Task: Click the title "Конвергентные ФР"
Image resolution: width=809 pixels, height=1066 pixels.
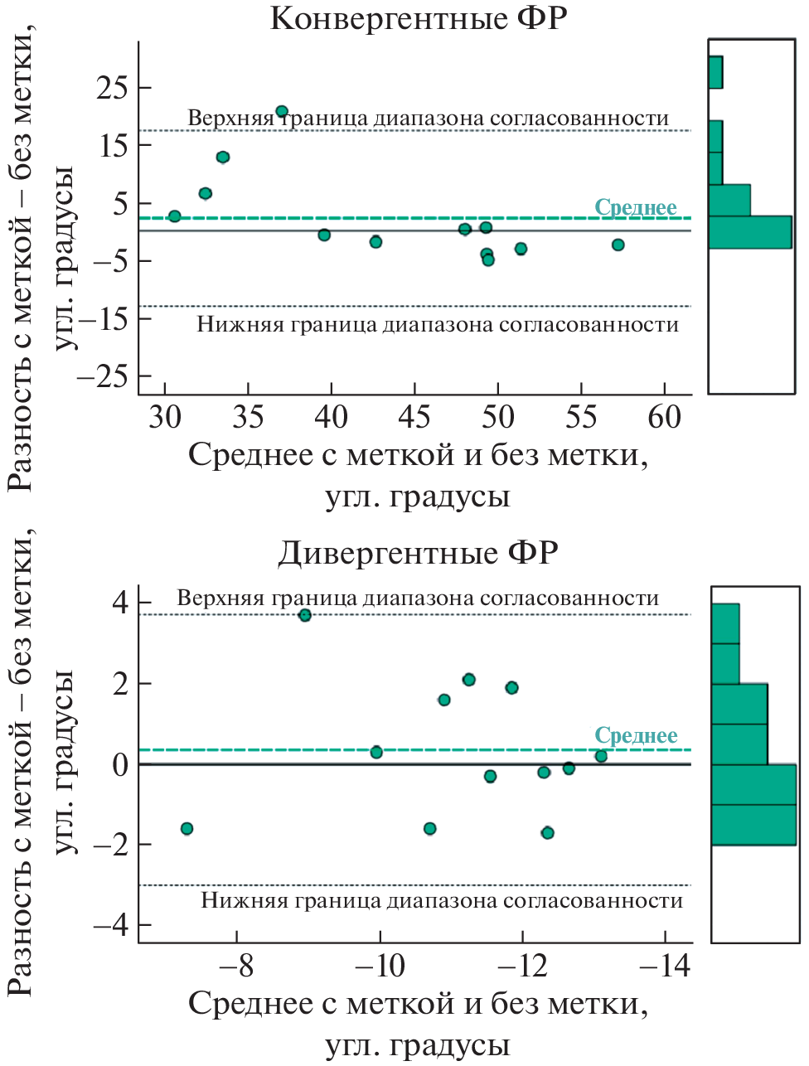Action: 418,18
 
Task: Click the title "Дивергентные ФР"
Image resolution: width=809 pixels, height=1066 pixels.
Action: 418,552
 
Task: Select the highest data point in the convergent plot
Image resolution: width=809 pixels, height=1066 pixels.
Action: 282,111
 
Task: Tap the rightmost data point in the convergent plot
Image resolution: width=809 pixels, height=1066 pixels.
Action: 618,245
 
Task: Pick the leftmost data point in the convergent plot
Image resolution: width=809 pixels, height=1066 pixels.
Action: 175,216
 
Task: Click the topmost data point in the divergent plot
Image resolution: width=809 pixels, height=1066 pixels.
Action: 305,615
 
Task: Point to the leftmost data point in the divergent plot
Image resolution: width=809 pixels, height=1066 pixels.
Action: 187,829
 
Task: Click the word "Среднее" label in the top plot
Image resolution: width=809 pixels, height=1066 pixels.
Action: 636,207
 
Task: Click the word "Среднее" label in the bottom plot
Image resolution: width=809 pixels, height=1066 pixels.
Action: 636,735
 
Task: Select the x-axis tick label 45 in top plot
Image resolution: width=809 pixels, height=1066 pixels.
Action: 414,417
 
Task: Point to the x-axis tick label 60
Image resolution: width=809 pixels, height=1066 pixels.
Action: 664,417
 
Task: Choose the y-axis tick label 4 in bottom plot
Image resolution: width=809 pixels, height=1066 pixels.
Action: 121,603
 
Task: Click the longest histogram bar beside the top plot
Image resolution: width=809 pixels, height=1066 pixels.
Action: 749,232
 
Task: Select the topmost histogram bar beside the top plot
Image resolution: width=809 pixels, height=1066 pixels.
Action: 715,72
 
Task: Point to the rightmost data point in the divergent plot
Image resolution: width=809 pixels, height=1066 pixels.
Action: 601,756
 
